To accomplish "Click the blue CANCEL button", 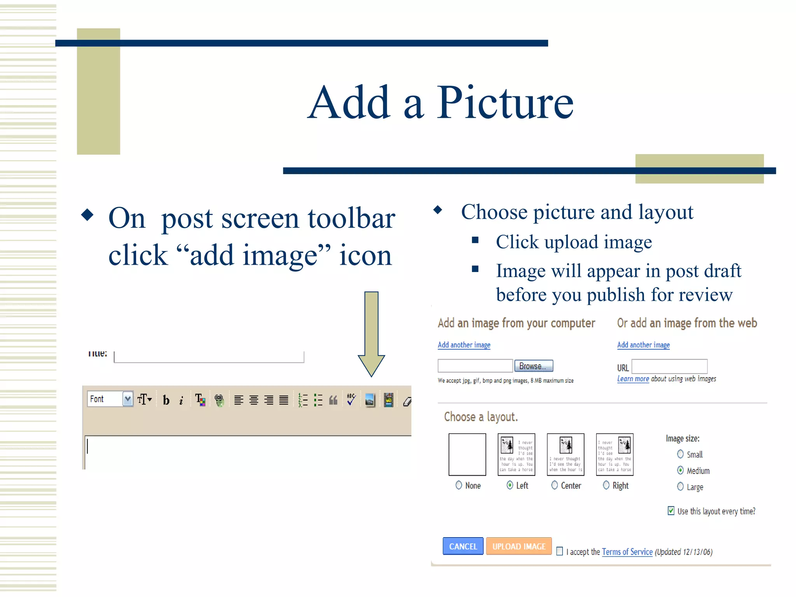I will pyautogui.click(x=463, y=546).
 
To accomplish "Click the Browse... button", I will pyautogui.click(x=533, y=366).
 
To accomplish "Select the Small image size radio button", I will pyautogui.click(x=680, y=454).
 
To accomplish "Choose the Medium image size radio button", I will pyautogui.click(x=680, y=470).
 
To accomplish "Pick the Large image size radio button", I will pyautogui.click(x=680, y=487).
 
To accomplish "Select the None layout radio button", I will pyautogui.click(x=459, y=485).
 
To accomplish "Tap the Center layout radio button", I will pyautogui.click(x=555, y=485).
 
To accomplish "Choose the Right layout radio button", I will pyautogui.click(x=606, y=485).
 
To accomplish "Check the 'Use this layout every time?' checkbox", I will pyautogui.click(x=671, y=511).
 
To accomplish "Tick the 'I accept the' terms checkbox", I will pyautogui.click(x=559, y=551).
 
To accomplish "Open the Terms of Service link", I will pyautogui.click(x=627, y=552).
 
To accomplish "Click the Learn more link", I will pyautogui.click(x=633, y=379).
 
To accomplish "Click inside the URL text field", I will pyautogui.click(x=669, y=367).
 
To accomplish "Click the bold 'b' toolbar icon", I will pyautogui.click(x=166, y=400).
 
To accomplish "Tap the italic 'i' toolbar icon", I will pyautogui.click(x=181, y=400).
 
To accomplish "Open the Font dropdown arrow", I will pyautogui.click(x=127, y=399).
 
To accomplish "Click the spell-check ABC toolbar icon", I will pyautogui.click(x=351, y=399).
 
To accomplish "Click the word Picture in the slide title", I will pyautogui.click(x=505, y=103).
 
